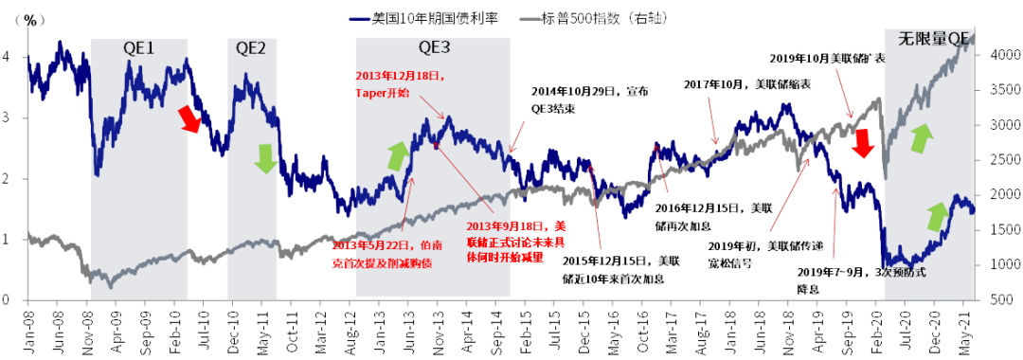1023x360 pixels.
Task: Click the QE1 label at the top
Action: click(x=138, y=47)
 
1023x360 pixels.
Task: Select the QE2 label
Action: click(x=251, y=47)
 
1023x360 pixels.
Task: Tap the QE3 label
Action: click(x=434, y=47)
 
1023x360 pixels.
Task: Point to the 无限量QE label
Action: click(x=934, y=39)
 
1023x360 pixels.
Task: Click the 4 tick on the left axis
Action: click(x=9, y=57)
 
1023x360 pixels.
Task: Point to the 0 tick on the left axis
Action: click(x=9, y=300)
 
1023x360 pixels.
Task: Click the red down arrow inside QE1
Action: click(x=190, y=120)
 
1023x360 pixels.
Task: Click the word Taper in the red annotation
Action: click(x=370, y=92)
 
